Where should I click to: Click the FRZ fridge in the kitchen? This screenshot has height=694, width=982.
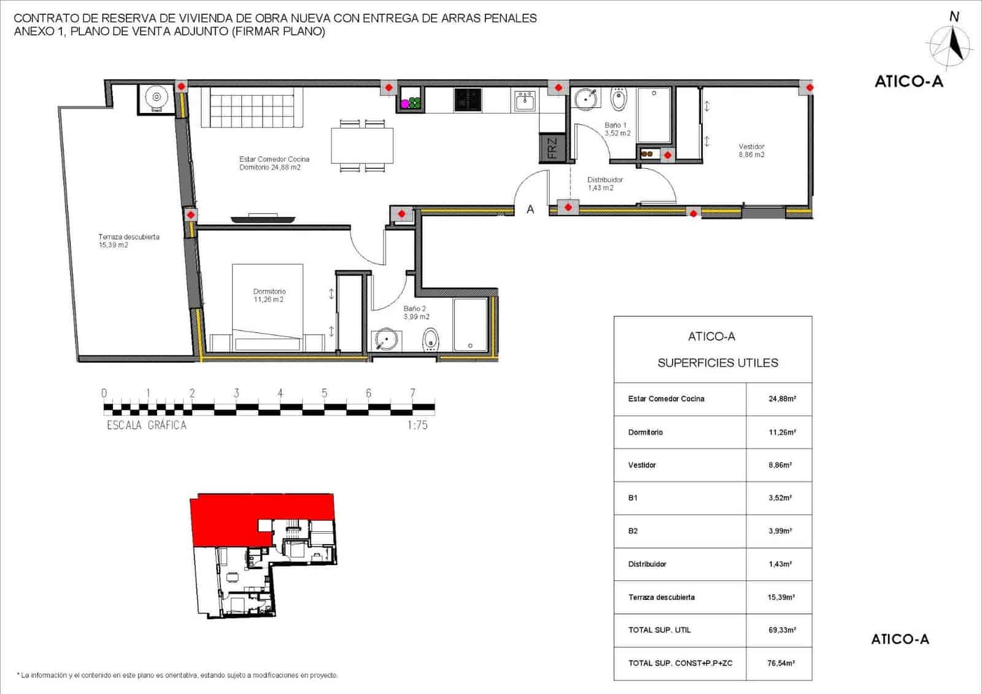click(552, 149)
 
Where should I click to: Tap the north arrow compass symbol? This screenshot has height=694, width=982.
click(951, 45)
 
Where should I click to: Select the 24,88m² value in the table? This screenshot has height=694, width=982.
click(782, 399)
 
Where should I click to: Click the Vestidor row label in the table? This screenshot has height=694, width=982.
click(642, 465)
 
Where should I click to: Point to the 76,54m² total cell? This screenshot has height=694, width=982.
click(781, 663)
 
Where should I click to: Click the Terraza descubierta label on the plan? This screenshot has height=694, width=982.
click(129, 237)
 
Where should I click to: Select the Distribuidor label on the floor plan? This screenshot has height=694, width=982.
click(605, 180)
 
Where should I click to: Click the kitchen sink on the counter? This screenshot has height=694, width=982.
click(525, 101)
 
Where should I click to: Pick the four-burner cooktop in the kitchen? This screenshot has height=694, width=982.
click(468, 100)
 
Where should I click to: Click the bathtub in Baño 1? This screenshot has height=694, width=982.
click(654, 115)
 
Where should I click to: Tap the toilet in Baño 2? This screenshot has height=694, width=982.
click(431, 339)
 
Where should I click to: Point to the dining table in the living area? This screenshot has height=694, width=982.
click(362, 145)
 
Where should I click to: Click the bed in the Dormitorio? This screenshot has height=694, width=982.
click(268, 307)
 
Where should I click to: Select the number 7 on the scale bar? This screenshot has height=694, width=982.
click(412, 393)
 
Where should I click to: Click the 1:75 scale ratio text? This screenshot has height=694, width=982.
click(417, 425)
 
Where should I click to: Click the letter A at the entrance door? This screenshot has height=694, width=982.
click(530, 209)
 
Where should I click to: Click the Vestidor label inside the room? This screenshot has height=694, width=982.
click(751, 147)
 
